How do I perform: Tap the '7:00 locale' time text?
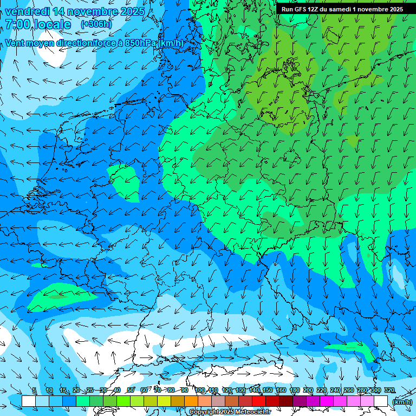38,24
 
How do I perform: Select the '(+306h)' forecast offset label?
96,24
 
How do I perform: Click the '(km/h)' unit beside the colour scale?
401,402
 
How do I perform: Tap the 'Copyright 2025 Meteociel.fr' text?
230,412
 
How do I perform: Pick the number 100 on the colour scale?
200,391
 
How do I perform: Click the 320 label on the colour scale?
389,391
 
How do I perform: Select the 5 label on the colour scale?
34,391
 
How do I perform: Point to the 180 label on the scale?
294,391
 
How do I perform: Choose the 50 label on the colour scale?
131,391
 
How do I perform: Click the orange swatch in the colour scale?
191,401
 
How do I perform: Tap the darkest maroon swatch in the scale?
285,401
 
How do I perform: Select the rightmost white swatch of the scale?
381,401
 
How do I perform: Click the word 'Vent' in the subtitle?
15,43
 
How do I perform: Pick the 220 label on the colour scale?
322,391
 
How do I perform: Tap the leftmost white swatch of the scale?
29,401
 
